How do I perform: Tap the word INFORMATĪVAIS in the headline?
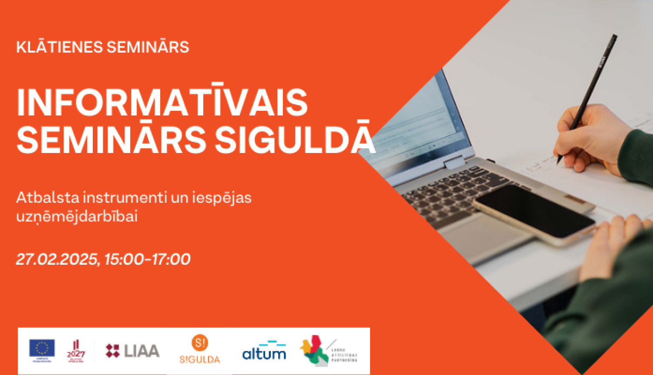[162, 103]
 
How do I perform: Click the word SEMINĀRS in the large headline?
[111, 140]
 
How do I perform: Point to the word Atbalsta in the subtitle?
[48, 198]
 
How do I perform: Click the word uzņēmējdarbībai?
[77, 216]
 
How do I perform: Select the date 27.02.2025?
[57, 259]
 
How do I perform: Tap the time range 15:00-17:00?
[147, 259]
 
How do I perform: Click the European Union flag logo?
[42, 349]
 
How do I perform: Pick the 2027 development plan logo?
[76, 351]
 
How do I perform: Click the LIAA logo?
[132, 351]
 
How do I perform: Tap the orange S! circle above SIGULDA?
[200, 343]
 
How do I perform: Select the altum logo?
[264, 351]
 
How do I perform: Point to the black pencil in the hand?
[592, 87]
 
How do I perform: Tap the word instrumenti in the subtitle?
[125, 198]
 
